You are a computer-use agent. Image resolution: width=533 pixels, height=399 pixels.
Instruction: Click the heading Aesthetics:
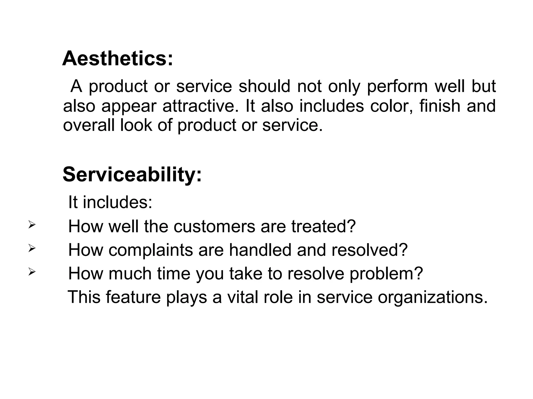(117, 59)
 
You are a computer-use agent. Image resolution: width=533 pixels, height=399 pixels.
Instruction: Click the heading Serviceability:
(132, 175)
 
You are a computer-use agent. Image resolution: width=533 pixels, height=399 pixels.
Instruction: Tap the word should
(264, 86)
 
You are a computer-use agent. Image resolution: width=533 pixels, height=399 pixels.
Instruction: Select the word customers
(214, 226)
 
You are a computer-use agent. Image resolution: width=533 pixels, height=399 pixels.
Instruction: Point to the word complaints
(150, 250)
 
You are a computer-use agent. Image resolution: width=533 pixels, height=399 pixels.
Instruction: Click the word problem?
(386, 274)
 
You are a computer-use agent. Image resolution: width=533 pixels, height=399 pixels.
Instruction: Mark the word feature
(133, 297)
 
